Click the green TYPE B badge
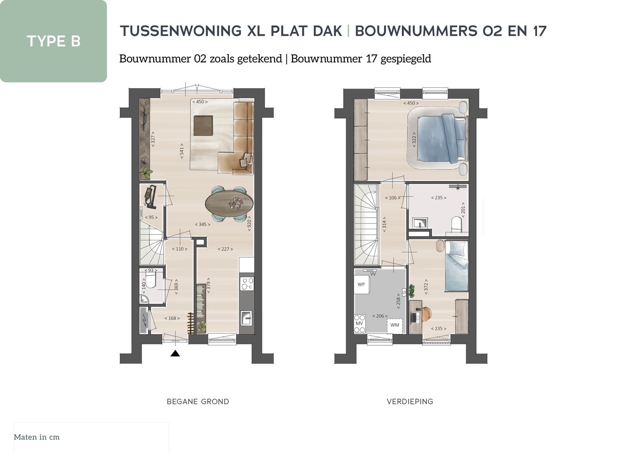pyautogui.click(x=53, y=41)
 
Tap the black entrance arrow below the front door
pyautogui.click(x=175, y=353)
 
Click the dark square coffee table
pyautogui.click(x=203, y=126)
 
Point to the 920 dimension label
pyautogui.click(x=249, y=224)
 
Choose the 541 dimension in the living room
pyautogui.click(x=182, y=151)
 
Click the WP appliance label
pyautogui.click(x=361, y=284)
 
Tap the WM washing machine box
pyautogui.click(x=395, y=325)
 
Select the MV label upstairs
pyautogui.click(x=359, y=323)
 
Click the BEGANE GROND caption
pyautogui.click(x=198, y=402)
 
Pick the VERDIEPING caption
pyautogui.click(x=410, y=402)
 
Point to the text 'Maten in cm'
pyautogui.click(x=37, y=437)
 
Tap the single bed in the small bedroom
pyautogui.click(x=456, y=267)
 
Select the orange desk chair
pyautogui.click(x=425, y=314)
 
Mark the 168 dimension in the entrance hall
pyautogui.click(x=172, y=318)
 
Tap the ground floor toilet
pyautogui.click(x=151, y=280)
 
